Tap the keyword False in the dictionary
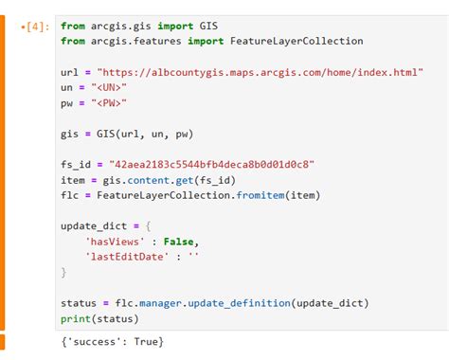[x=177, y=242]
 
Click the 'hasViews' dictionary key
[x=117, y=242]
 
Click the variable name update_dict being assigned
[x=96, y=226]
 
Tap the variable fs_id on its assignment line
[x=78, y=164]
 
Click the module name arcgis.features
[x=140, y=41]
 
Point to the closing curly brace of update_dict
[x=64, y=272]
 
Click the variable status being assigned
[x=78, y=303]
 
